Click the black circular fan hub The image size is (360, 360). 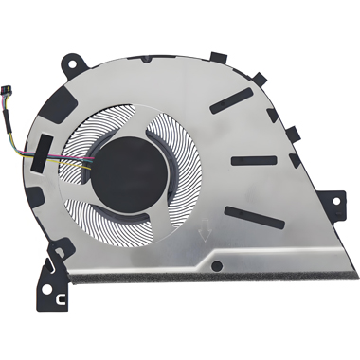pos(129,174)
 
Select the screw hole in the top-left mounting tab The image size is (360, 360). pos(73,62)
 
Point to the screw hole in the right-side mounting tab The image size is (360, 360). pos(336,200)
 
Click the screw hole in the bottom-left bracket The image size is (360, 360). pos(47,290)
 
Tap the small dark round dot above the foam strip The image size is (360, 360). pos(217,263)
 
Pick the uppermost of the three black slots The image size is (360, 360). pos(231,100)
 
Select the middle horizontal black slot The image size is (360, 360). pos(254,160)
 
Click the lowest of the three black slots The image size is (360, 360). pos(255,217)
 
